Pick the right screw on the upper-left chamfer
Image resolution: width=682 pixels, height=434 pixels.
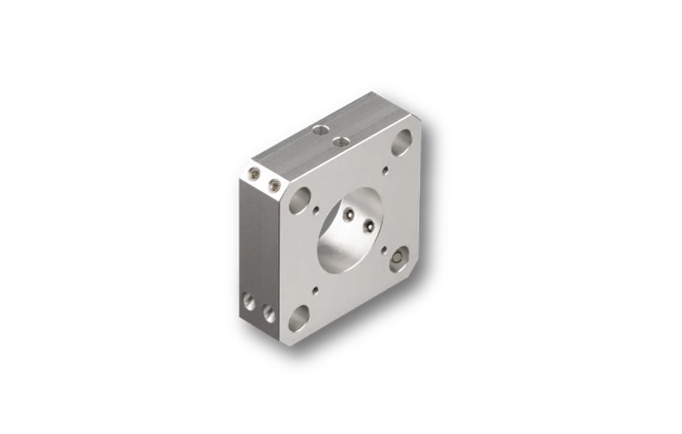click(273, 184)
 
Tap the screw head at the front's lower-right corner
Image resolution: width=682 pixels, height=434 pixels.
click(400, 257)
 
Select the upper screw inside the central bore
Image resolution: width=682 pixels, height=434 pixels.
click(350, 213)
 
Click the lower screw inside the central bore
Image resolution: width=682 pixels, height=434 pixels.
click(369, 226)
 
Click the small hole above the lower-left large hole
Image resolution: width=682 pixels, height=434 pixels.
click(315, 292)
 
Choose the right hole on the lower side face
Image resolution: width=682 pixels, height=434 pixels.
click(268, 312)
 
